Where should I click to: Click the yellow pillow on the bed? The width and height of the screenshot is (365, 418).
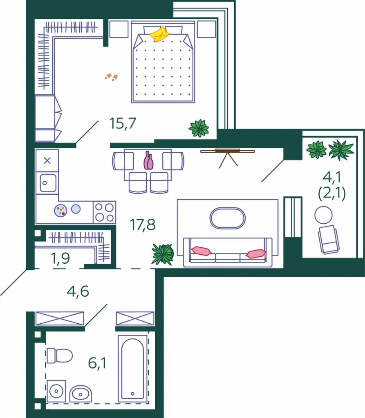pyautogui.click(x=159, y=34)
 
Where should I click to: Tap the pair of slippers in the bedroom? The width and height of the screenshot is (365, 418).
pyautogui.click(x=111, y=77)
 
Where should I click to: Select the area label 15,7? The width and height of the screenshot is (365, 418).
pyautogui.click(x=123, y=123)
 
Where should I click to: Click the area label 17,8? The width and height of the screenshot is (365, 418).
pyautogui.click(x=143, y=225)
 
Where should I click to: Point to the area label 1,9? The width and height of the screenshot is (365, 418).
pyautogui.click(x=60, y=258)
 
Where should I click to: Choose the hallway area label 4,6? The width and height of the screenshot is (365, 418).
pyautogui.click(x=78, y=291)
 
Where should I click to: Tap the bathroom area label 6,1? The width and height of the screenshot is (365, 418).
pyautogui.click(x=97, y=363)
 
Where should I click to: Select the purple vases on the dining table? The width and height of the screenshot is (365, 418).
pyautogui.click(x=148, y=160)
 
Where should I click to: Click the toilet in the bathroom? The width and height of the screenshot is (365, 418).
pyautogui.click(x=60, y=356)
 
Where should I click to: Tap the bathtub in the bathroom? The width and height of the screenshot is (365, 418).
pyautogui.click(x=133, y=369)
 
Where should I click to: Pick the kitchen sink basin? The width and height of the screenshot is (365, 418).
pyautogui.click(x=48, y=183)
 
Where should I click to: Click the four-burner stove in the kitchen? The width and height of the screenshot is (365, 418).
pyautogui.click(x=104, y=212)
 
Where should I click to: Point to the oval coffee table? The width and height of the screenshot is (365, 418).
pyautogui.click(x=228, y=218)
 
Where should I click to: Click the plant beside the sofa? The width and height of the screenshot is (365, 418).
pyautogui.click(x=163, y=254)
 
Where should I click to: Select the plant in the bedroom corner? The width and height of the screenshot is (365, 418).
pyautogui.click(x=199, y=128)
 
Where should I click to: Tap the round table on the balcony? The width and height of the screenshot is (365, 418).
pyautogui.click(x=323, y=215)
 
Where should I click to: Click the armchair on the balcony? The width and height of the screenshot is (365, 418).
pyautogui.click(x=329, y=240)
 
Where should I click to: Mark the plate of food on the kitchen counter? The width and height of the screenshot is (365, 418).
pyautogui.click(x=60, y=211)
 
